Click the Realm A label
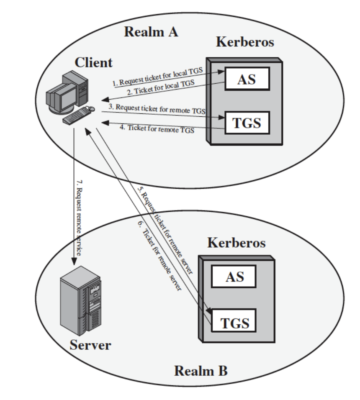click(x=151, y=32)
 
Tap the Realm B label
click(x=201, y=371)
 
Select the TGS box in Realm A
click(x=246, y=123)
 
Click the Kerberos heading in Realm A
click(x=245, y=42)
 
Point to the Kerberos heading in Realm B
click(x=236, y=243)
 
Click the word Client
click(x=94, y=63)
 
